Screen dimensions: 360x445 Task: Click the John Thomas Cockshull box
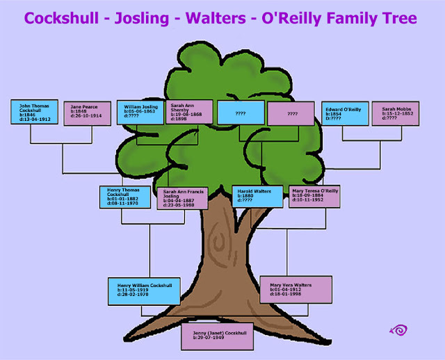click(34, 112)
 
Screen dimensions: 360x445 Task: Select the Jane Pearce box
click(88, 114)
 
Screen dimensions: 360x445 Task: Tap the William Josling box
click(140, 112)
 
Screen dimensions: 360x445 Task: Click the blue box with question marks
click(241, 113)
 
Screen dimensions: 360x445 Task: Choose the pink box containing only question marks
click(292, 113)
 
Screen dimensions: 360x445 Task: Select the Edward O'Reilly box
click(344, 113)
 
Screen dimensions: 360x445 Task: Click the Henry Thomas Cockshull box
click(126, 196)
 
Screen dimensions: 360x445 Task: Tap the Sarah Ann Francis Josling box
click(182, 198)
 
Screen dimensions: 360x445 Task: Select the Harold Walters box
click(257, 197)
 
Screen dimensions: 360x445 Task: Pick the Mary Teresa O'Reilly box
click(314, 196)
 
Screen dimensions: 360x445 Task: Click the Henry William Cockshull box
click(145, 291)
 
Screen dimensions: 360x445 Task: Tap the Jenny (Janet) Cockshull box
click(215, 337)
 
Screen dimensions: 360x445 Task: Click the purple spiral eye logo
click(398, 329)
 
